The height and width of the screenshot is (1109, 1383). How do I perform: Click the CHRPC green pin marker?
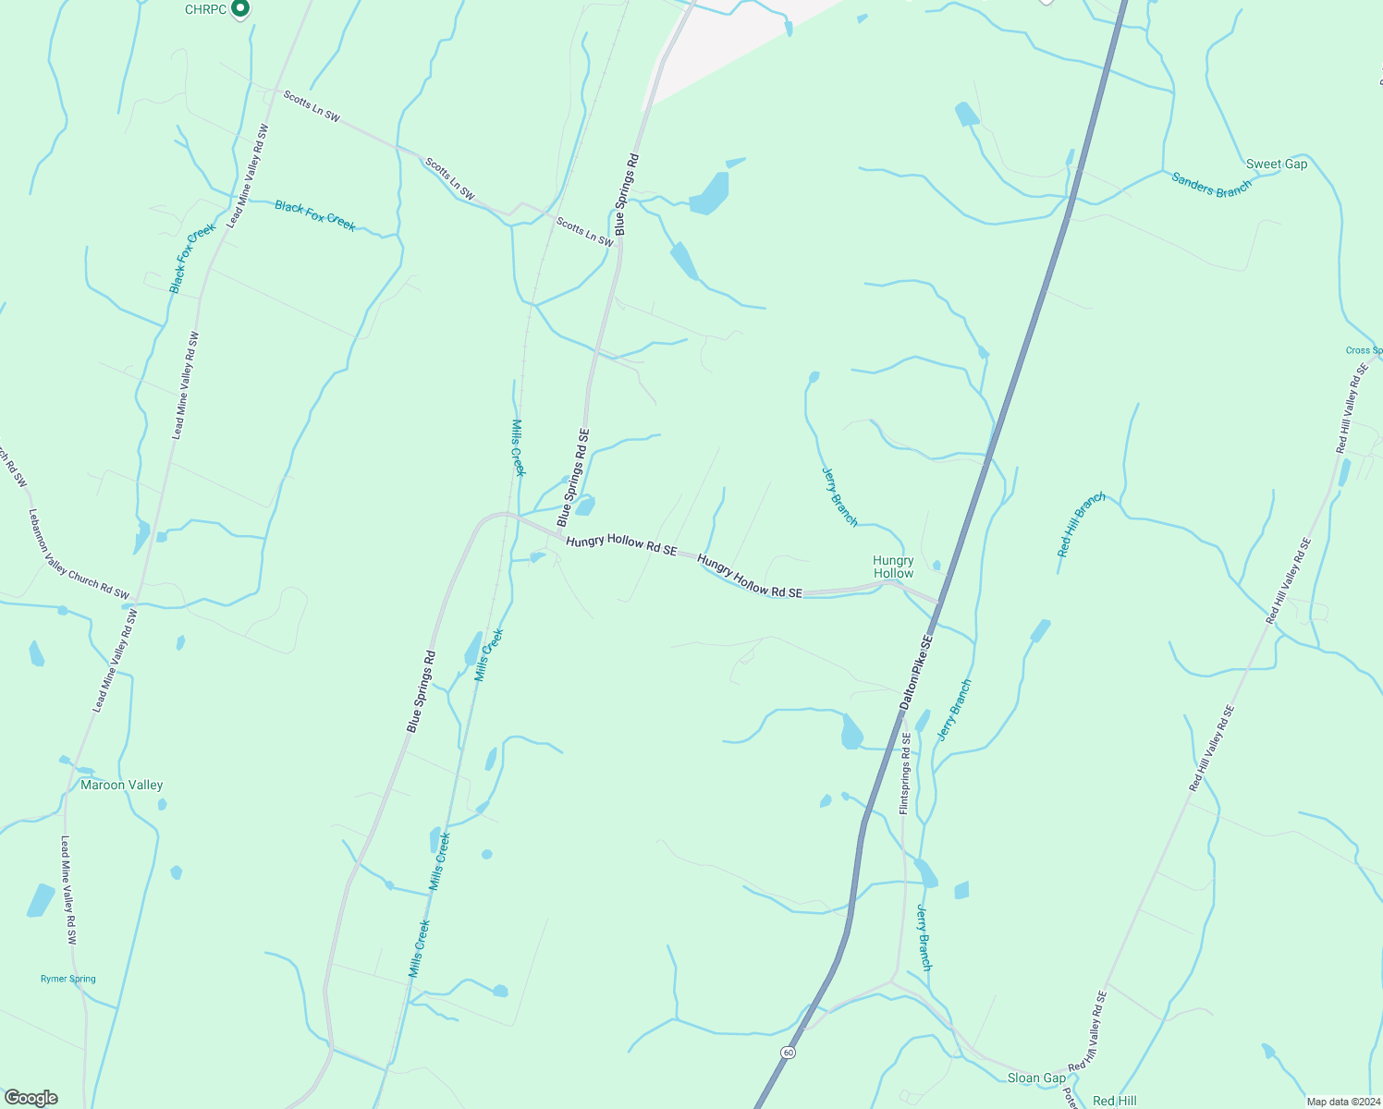tap(240, 9)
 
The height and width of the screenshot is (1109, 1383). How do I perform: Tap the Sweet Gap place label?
tap(1277, 165)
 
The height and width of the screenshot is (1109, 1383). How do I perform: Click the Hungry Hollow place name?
tap(893, 567)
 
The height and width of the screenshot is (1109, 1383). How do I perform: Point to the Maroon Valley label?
tap(121, 786)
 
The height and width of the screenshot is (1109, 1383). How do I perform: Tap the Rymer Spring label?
tap(68, 979)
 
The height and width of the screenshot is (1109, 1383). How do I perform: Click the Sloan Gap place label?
tap(1036, 1079)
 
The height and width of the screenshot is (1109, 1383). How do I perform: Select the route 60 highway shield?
tap(787, 1053)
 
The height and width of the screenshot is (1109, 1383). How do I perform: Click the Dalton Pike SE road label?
tap(916, 672)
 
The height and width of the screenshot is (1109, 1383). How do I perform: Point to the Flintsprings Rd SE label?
tap(906, 774)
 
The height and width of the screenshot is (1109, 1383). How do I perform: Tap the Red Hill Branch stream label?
tap(1082, 525)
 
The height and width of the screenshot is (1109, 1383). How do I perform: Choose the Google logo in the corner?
tap(31, 1098)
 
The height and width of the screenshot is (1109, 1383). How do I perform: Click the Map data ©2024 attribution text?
tap(1341, 1102)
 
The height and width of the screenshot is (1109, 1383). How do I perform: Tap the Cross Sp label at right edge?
tap(1365, 350)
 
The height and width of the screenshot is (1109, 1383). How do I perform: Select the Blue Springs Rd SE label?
tap(573, 478)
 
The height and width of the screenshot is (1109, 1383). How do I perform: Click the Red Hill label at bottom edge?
tap(1115, 1101)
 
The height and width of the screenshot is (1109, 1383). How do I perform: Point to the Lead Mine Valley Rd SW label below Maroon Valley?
tap(68, 890)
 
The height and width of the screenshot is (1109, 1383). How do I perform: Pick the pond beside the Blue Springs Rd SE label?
tap(585, 506)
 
